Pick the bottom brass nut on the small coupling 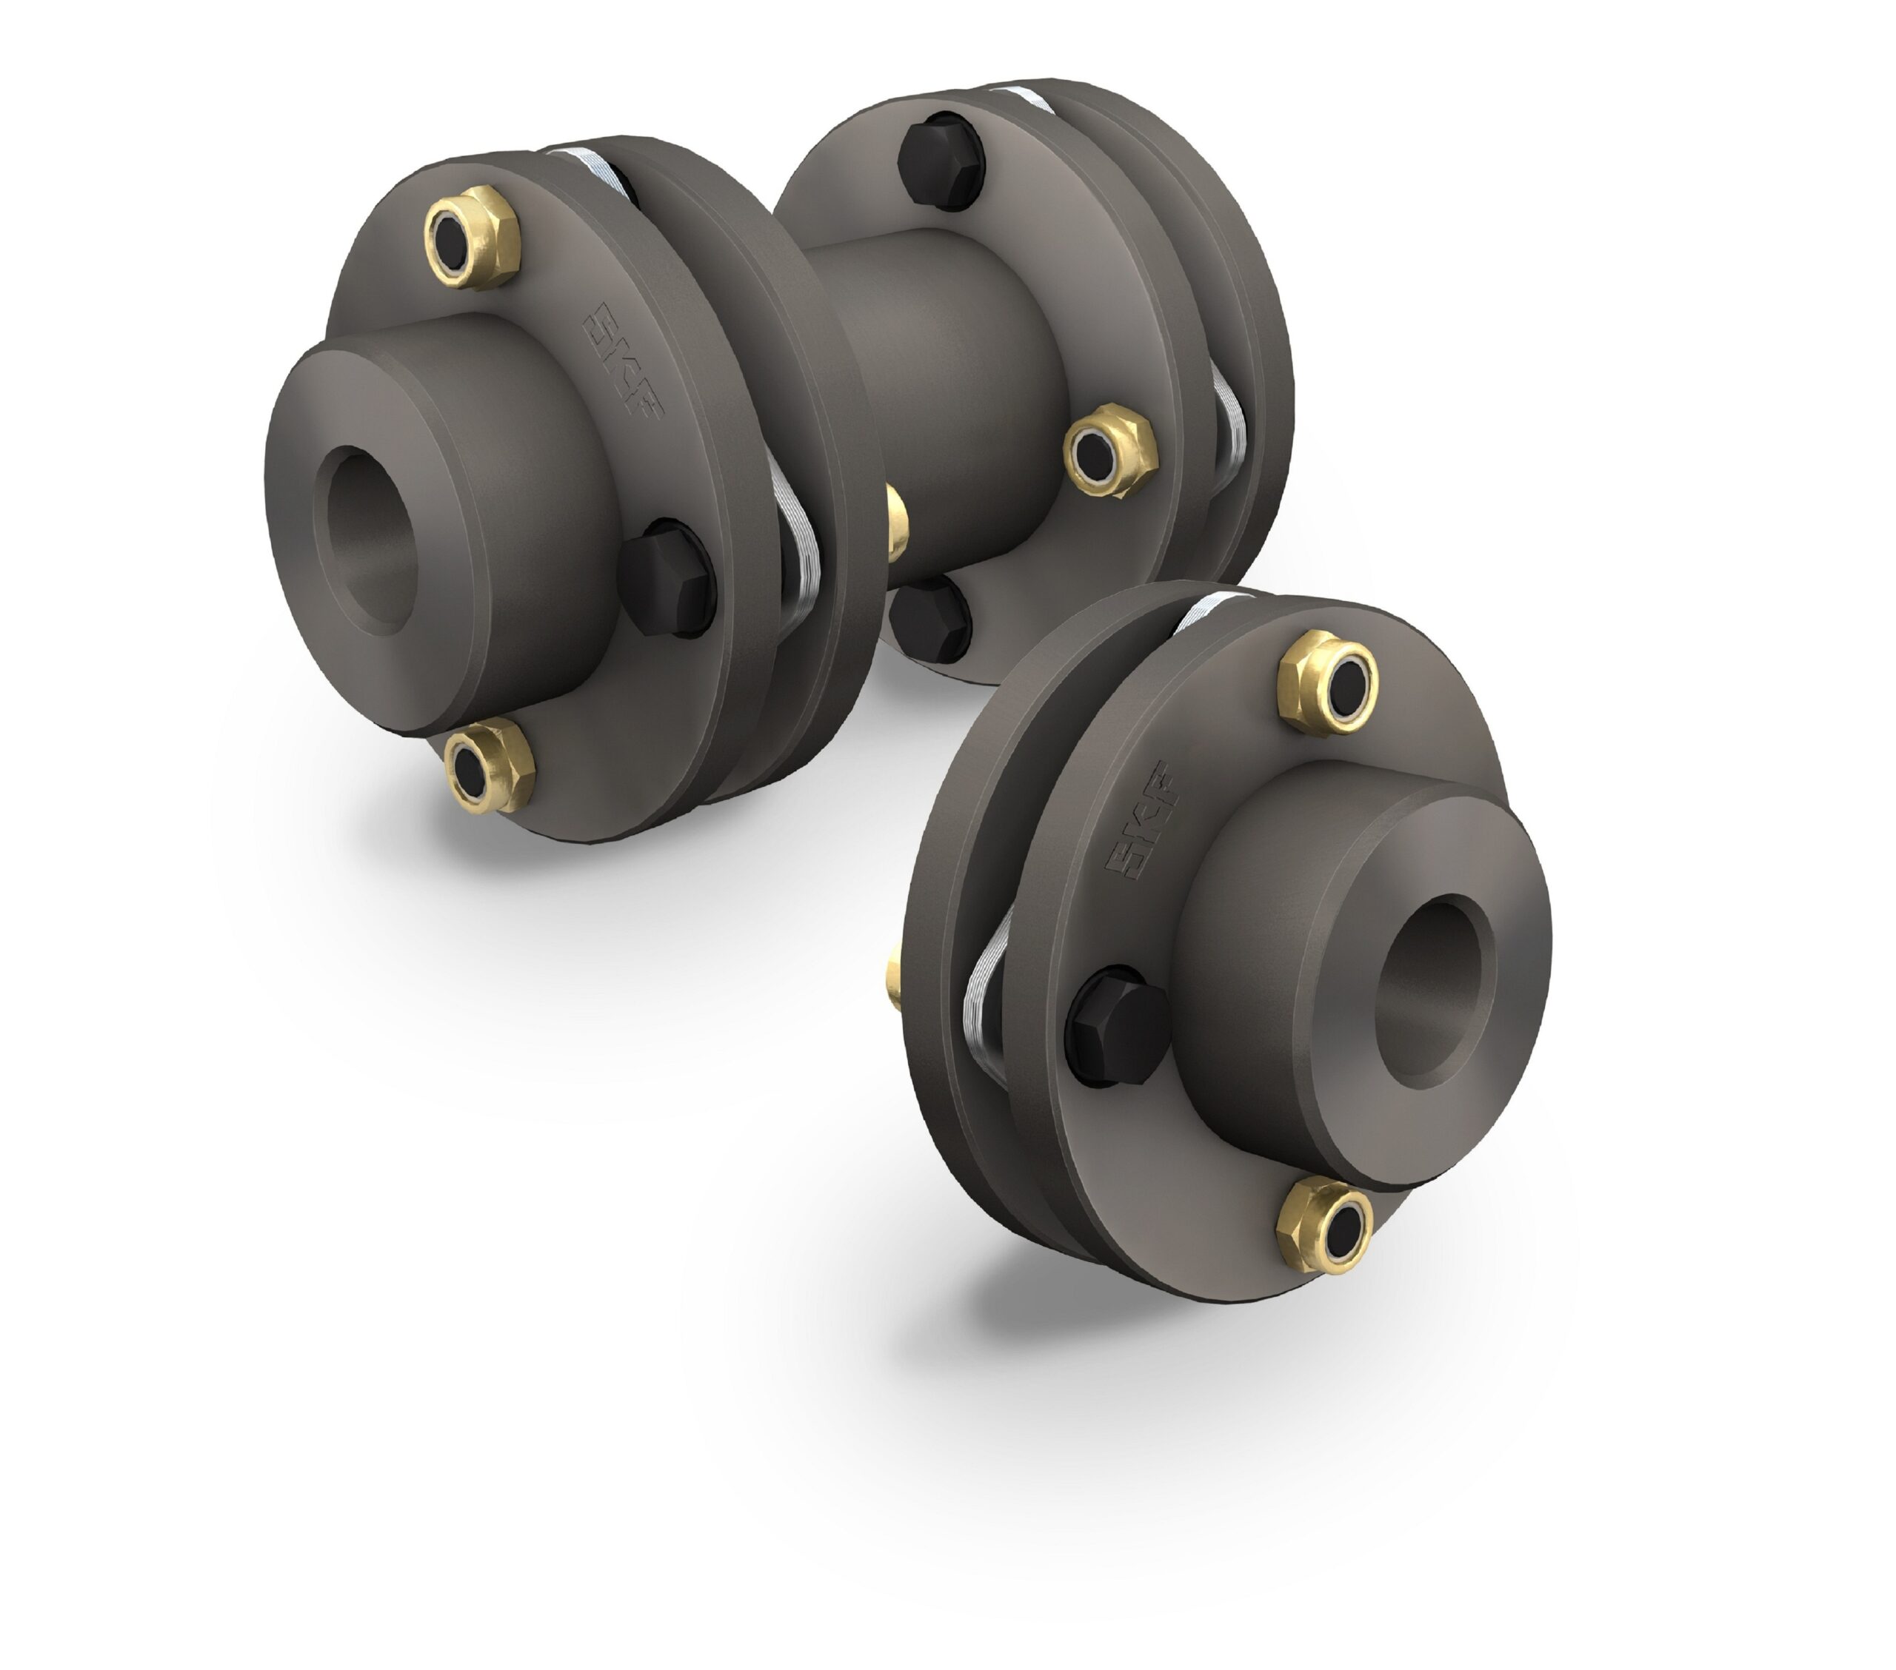pos(1324,1225)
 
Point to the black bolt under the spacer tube pos(930,617)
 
